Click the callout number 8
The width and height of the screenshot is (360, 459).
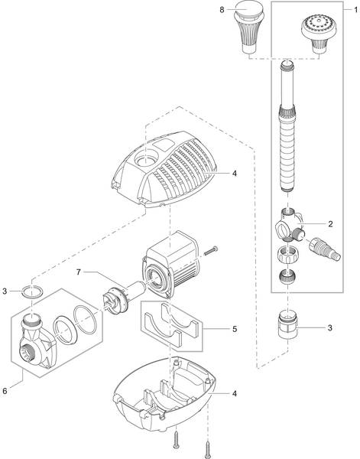click(x=222, y=10)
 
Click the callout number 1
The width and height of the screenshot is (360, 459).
click(x=355, y=10)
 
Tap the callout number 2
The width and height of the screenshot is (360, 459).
click(x=330, y=224)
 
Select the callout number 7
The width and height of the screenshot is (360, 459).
click(x=79, y=272)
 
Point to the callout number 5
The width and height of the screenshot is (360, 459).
click(x=235, y=329)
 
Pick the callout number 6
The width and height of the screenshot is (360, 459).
click(x=5, y=391)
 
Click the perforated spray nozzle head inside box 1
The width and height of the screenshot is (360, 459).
click(x=319, y=34)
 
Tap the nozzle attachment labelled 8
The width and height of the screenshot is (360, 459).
click(x=250, y=28)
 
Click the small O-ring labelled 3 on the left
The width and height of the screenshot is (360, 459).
click(x=32, y=291)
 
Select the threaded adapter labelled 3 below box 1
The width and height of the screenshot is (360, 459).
click(x=288, y=324)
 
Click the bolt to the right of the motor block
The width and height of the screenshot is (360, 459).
click(x=211, y=251)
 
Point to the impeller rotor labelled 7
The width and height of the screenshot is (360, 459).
click(x=124, y=297)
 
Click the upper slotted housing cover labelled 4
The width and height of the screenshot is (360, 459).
click(x=164, y=169)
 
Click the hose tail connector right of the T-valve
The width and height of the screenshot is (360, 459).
click(x=325, y=249)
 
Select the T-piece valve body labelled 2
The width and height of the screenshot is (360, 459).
click(x=290, y=225)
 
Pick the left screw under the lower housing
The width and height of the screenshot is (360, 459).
click(x=176, y=439)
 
